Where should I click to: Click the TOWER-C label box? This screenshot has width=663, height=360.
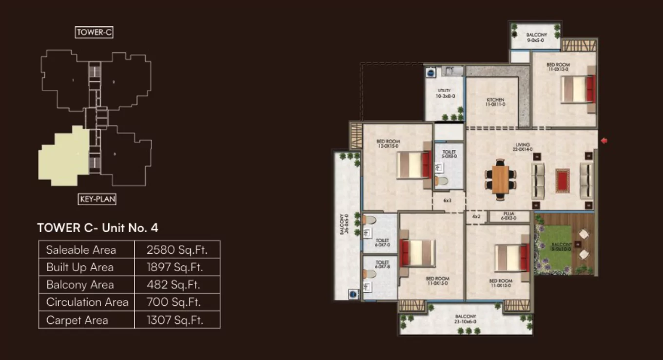(x=95, y=33)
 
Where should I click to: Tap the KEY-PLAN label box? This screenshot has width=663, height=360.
(x=97, y=199)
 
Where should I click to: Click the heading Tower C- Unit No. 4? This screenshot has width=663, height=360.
(x=97, y=228)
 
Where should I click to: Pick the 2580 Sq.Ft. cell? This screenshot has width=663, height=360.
(x=177, y=250)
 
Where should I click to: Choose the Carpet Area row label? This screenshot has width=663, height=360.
(x=77, y=320)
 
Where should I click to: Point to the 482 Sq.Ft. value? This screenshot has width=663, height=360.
(x=174, y=285)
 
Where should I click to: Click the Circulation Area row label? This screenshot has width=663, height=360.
(x=87, y=302)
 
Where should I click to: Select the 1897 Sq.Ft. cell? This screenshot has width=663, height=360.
(x=175, y=267)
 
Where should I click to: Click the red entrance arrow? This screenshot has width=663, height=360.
(x=604, y=141)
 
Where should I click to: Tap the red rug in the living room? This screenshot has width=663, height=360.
(x=562, y=180)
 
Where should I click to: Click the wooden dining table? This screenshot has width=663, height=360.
(x=500, y=180)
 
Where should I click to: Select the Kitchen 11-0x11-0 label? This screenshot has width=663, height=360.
(x=495, y=102)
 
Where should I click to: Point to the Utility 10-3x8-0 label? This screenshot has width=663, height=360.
(x=444, y=94)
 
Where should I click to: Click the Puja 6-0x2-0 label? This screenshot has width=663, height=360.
(x=508, y=217)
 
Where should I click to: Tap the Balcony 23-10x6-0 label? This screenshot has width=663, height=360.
(x=465, y=320)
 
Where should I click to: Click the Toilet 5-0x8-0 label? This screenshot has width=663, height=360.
(x=449, y=155)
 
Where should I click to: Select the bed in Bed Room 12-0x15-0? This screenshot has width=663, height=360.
(x=413, y=165)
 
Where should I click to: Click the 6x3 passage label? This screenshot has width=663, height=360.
(x=448, y=200)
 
